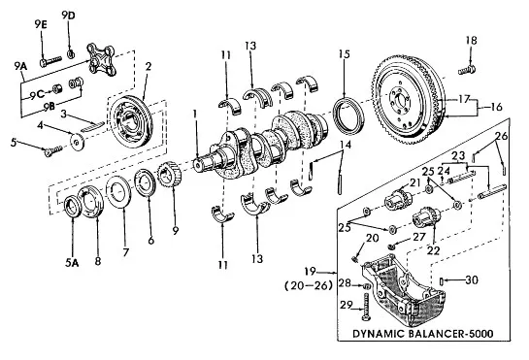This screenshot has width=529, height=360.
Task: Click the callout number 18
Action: point(472,41)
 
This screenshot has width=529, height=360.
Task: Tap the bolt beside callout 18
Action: point(467,70)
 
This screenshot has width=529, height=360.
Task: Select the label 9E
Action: point(41,24)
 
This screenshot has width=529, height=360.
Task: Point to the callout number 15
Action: point(345,54)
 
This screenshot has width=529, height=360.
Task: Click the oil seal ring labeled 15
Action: point(348,115)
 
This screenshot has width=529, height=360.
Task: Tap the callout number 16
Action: point(496,107)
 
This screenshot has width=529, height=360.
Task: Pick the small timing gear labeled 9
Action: point(169,175)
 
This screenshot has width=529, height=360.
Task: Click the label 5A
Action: point(72,263)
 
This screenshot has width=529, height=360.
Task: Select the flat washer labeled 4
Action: point(78,142)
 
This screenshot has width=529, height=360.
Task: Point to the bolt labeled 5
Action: point(53,150)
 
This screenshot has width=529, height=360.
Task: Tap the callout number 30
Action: point(472,280)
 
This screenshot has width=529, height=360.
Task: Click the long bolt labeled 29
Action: point(366,307)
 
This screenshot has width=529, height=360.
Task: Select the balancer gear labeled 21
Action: point(398,200)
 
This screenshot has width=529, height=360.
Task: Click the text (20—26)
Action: point(309,286)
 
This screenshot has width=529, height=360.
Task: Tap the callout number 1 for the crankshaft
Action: point(195,114)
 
